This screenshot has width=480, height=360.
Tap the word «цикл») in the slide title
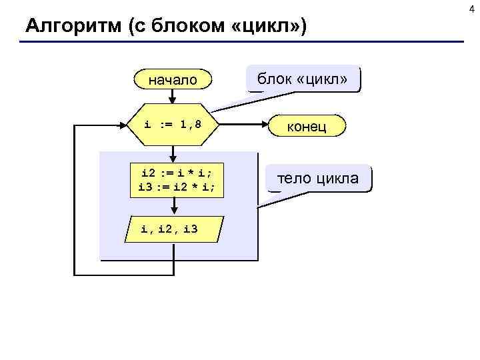(x=273, y=27)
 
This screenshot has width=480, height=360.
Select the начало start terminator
(x=173, y=80)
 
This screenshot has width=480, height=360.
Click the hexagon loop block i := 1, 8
(x=173, y=125)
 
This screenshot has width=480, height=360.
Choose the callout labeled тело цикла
(x=318, y=179)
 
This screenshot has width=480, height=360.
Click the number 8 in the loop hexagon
(x=197, y=124)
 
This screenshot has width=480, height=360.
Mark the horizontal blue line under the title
(x=240, y=43)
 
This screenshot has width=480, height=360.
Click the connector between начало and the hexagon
(x=173, y=97)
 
